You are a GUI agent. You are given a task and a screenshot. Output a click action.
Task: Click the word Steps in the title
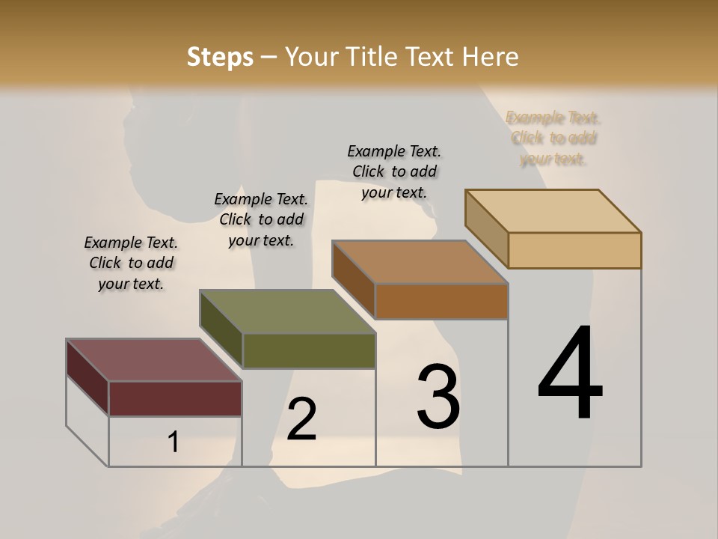pyautogui.click(x=220, y=57)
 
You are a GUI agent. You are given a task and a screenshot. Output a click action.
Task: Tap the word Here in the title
pyautogui.click(x=491, y=57)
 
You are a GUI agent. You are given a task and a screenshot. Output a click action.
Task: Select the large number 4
pyautogui.click(x=571, y=374)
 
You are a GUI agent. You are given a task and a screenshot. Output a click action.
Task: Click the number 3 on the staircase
pyautogui.click(x=438, y=396)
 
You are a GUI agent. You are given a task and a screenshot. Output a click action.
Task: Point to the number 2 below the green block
pyautogui.click(x=301, y=419)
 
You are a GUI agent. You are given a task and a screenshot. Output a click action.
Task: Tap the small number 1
pyautogui.click(x=174, y=442)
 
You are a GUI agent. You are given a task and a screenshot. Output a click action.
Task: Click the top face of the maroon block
pyautogui.click(x=153, y=360)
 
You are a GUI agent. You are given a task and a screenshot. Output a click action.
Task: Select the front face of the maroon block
pyautogui.click(x=175, y=398)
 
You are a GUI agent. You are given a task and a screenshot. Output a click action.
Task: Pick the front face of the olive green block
pyautogui.click(x=309, y=350)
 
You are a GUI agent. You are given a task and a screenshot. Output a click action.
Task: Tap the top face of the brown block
pyautogui.click(x=420, y=262)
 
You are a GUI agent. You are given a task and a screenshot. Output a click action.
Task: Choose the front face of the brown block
pyautogui.click(x=441, y=301)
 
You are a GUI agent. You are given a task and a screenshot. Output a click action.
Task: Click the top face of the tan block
pyautogui.click(x=553, y=211)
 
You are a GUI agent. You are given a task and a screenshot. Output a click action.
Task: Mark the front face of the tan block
pyautogui.click(x=574, y=250)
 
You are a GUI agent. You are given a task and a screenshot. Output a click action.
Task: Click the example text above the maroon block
pyautogui.click(x=131, y=263)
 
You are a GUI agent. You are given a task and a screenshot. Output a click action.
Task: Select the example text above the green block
pyautogui.click(x=261, y=219)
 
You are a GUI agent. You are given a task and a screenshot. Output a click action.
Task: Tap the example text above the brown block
pyautogui.click(x=394, y=171)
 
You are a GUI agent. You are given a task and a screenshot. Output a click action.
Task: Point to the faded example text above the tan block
pyautogui.click(x=553, y=138)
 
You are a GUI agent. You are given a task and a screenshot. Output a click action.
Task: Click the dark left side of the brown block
pyautogui.click(x=353, y=278)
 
